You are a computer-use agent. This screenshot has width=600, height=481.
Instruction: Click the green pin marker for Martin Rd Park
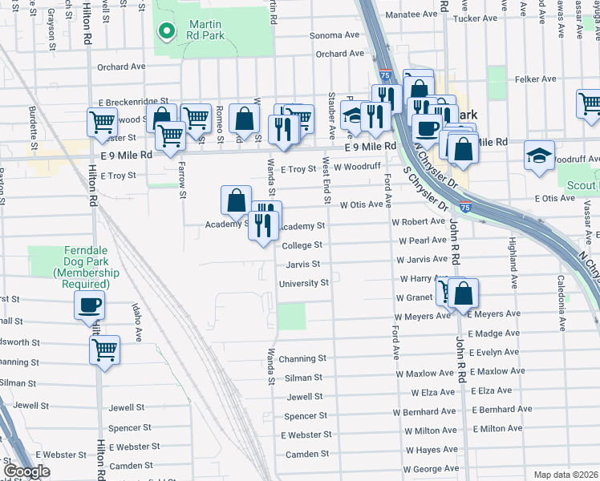(x=167, y=31)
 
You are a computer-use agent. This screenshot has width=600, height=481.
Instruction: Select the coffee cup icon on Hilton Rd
(x=88, y=305)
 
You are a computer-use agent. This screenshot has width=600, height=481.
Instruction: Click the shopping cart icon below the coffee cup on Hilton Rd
(x=104, y=349)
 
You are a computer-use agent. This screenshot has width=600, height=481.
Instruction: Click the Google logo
(x=27, y=471)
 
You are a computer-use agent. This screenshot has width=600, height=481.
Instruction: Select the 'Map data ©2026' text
(x=566, y=475)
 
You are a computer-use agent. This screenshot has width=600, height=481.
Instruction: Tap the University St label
(x=303, y=283)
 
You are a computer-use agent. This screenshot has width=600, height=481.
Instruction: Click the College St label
(x=302, y=245)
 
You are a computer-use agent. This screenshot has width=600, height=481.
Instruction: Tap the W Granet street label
(x=415, y=297)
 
